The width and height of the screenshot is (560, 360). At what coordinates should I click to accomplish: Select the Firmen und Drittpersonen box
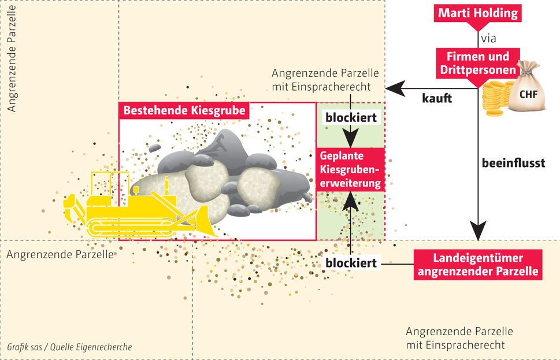477,64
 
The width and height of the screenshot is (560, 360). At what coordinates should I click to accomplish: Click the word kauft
437,98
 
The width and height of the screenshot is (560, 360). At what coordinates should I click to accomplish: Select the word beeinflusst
514,164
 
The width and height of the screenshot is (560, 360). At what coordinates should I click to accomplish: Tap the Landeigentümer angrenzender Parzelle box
477,265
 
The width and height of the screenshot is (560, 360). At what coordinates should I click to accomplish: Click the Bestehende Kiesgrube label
183,110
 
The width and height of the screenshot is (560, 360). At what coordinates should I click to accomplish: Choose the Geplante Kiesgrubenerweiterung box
351,169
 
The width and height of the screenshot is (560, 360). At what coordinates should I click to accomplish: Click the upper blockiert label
351,118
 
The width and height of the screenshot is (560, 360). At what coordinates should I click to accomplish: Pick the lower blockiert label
351,263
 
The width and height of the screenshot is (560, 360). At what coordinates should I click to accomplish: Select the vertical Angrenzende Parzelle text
12,58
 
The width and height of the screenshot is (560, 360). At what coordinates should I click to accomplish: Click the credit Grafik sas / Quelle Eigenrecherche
69,347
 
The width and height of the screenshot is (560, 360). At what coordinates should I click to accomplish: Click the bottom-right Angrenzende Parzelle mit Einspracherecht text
459,339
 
